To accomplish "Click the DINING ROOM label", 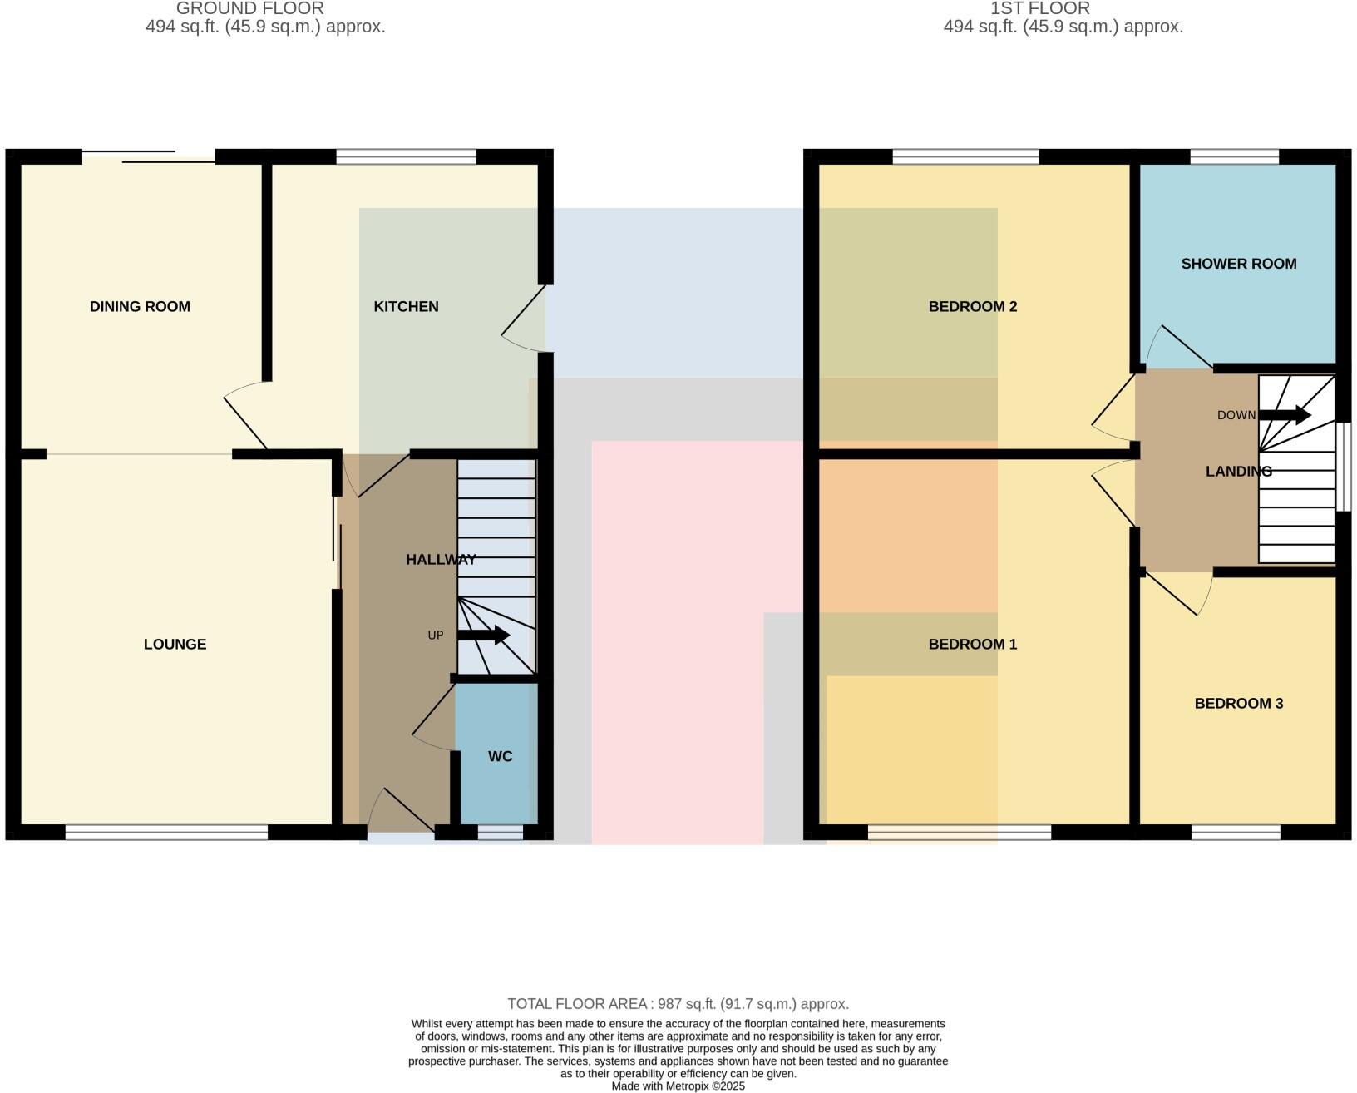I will [x=140, y=306].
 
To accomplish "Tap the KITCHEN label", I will [x=406, y=306].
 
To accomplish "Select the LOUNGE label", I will [x=175, y=644].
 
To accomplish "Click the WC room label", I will [x=500, y=756].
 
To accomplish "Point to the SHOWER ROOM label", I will [x=1238, y=264].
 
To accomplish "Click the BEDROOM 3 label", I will [x=1238, y=704].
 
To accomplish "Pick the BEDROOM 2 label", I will [x=972, y=306].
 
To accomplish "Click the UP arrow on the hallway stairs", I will [x=483, y=636].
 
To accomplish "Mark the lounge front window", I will [x=166, y=832].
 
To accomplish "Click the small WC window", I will [x=500, y=832].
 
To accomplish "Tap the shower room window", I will [x=1234, y=156].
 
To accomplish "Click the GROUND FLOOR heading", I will [x=249, y=8].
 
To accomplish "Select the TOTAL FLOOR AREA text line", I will [x=678, y=1004].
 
